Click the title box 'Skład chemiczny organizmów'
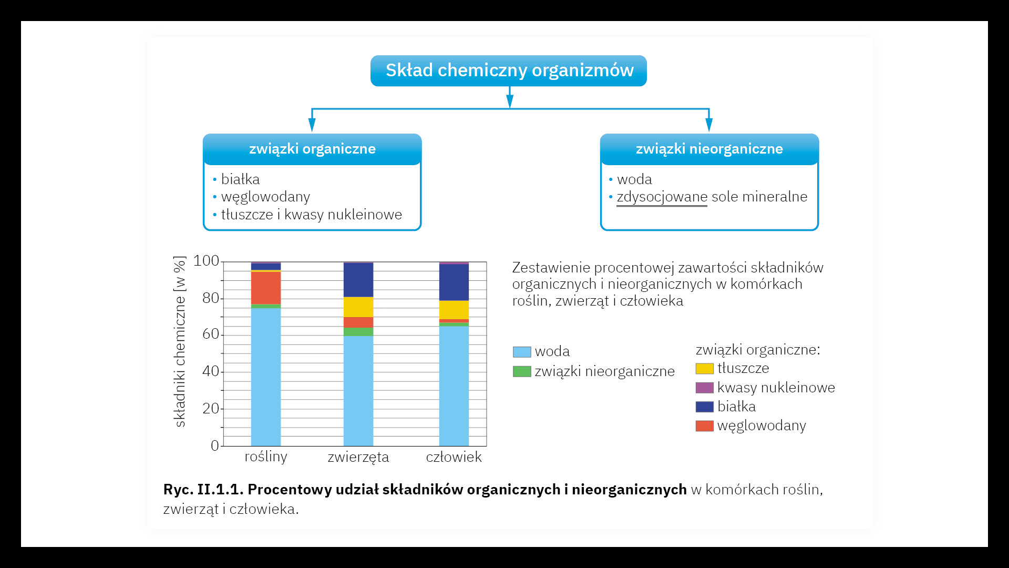509,70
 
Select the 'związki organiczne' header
312,149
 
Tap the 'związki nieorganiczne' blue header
709,149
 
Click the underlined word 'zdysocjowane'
662,197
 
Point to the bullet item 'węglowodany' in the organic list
265,197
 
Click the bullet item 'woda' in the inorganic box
634,179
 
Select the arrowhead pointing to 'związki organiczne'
312,125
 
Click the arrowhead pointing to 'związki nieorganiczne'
709,125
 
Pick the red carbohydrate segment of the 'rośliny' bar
266,288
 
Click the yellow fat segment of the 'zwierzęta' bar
358,307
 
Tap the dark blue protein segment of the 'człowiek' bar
454,282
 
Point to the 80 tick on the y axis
210,298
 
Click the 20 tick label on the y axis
210,409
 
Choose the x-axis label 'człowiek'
454,457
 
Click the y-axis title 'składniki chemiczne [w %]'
180,341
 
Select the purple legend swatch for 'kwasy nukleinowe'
704,388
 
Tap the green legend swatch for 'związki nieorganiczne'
522,371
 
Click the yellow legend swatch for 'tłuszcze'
704,369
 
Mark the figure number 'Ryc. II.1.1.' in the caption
203,490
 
